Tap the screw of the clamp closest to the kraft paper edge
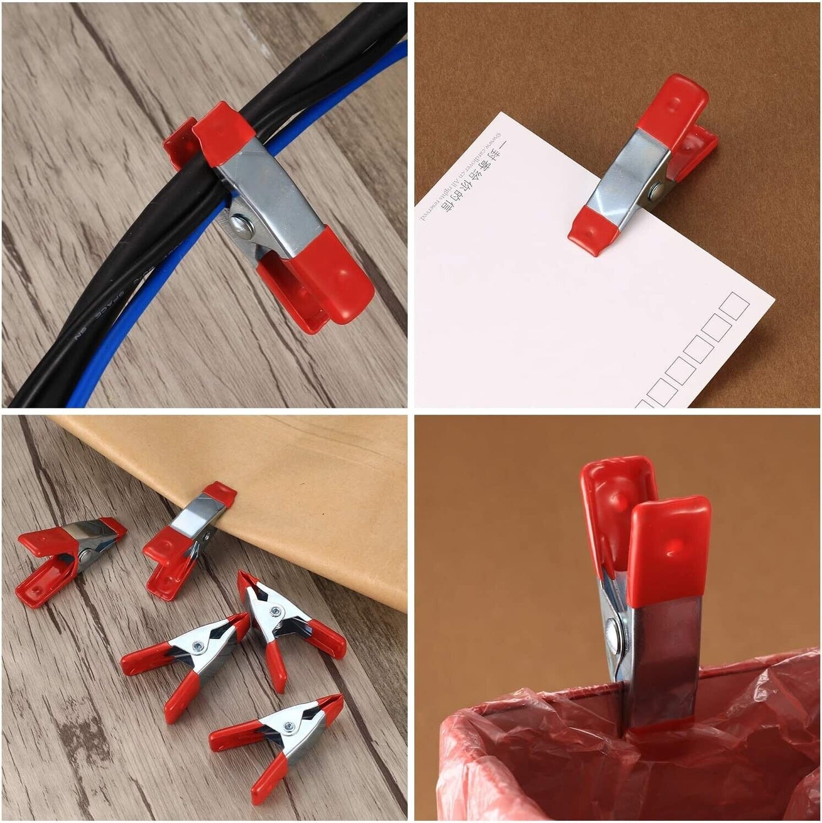275,612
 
